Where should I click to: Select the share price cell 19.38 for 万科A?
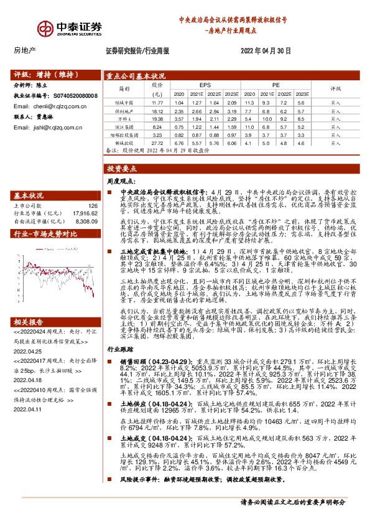[x=157, y=117]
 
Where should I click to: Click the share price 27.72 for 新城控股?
[x=157, y=142]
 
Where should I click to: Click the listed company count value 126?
[x=93, y=205]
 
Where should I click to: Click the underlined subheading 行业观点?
[x=119, y=367]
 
